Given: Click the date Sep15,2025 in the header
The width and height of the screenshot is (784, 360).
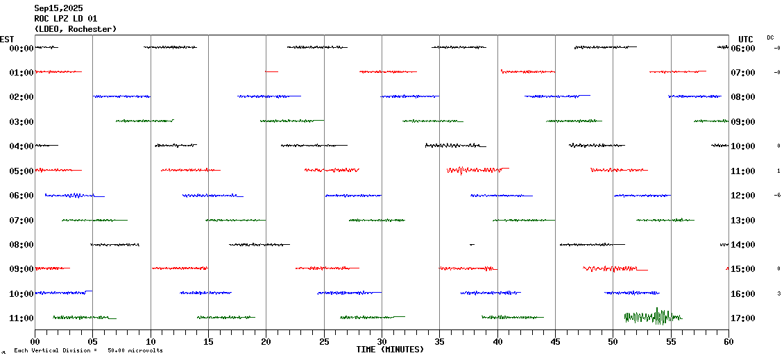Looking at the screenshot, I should click(x=58, y=8).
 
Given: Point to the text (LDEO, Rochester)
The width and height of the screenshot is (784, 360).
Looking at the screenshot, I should click(x=76, y=29).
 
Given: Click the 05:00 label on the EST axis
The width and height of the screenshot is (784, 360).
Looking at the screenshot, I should click(x=22, y=171).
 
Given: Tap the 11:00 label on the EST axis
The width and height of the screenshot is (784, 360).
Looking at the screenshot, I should click(x=22, y=318).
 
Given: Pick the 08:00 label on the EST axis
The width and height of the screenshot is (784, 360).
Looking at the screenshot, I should click(x=22, y=245).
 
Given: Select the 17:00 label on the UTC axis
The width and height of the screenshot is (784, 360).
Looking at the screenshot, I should click(x=747, y=318).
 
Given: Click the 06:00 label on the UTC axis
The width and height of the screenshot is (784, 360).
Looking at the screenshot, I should click(x=747, y=48).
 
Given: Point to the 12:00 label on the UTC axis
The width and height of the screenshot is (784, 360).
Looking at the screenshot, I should click(x=747, y=196).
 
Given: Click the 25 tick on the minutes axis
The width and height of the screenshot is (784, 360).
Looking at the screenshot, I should click(x=324, y=341).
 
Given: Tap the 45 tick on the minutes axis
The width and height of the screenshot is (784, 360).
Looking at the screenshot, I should click(x=555, y=341).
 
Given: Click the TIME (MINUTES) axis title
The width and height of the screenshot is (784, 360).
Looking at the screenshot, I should click(x=390, y=350).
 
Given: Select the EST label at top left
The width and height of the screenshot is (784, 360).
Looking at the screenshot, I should click(x=7, y=39).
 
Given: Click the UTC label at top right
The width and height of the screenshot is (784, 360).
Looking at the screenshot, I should click(x=746, y=39).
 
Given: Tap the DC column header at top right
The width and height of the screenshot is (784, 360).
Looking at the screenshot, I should click(x=770, y=37).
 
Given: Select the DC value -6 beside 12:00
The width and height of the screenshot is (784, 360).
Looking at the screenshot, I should click(x=778, y=196).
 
